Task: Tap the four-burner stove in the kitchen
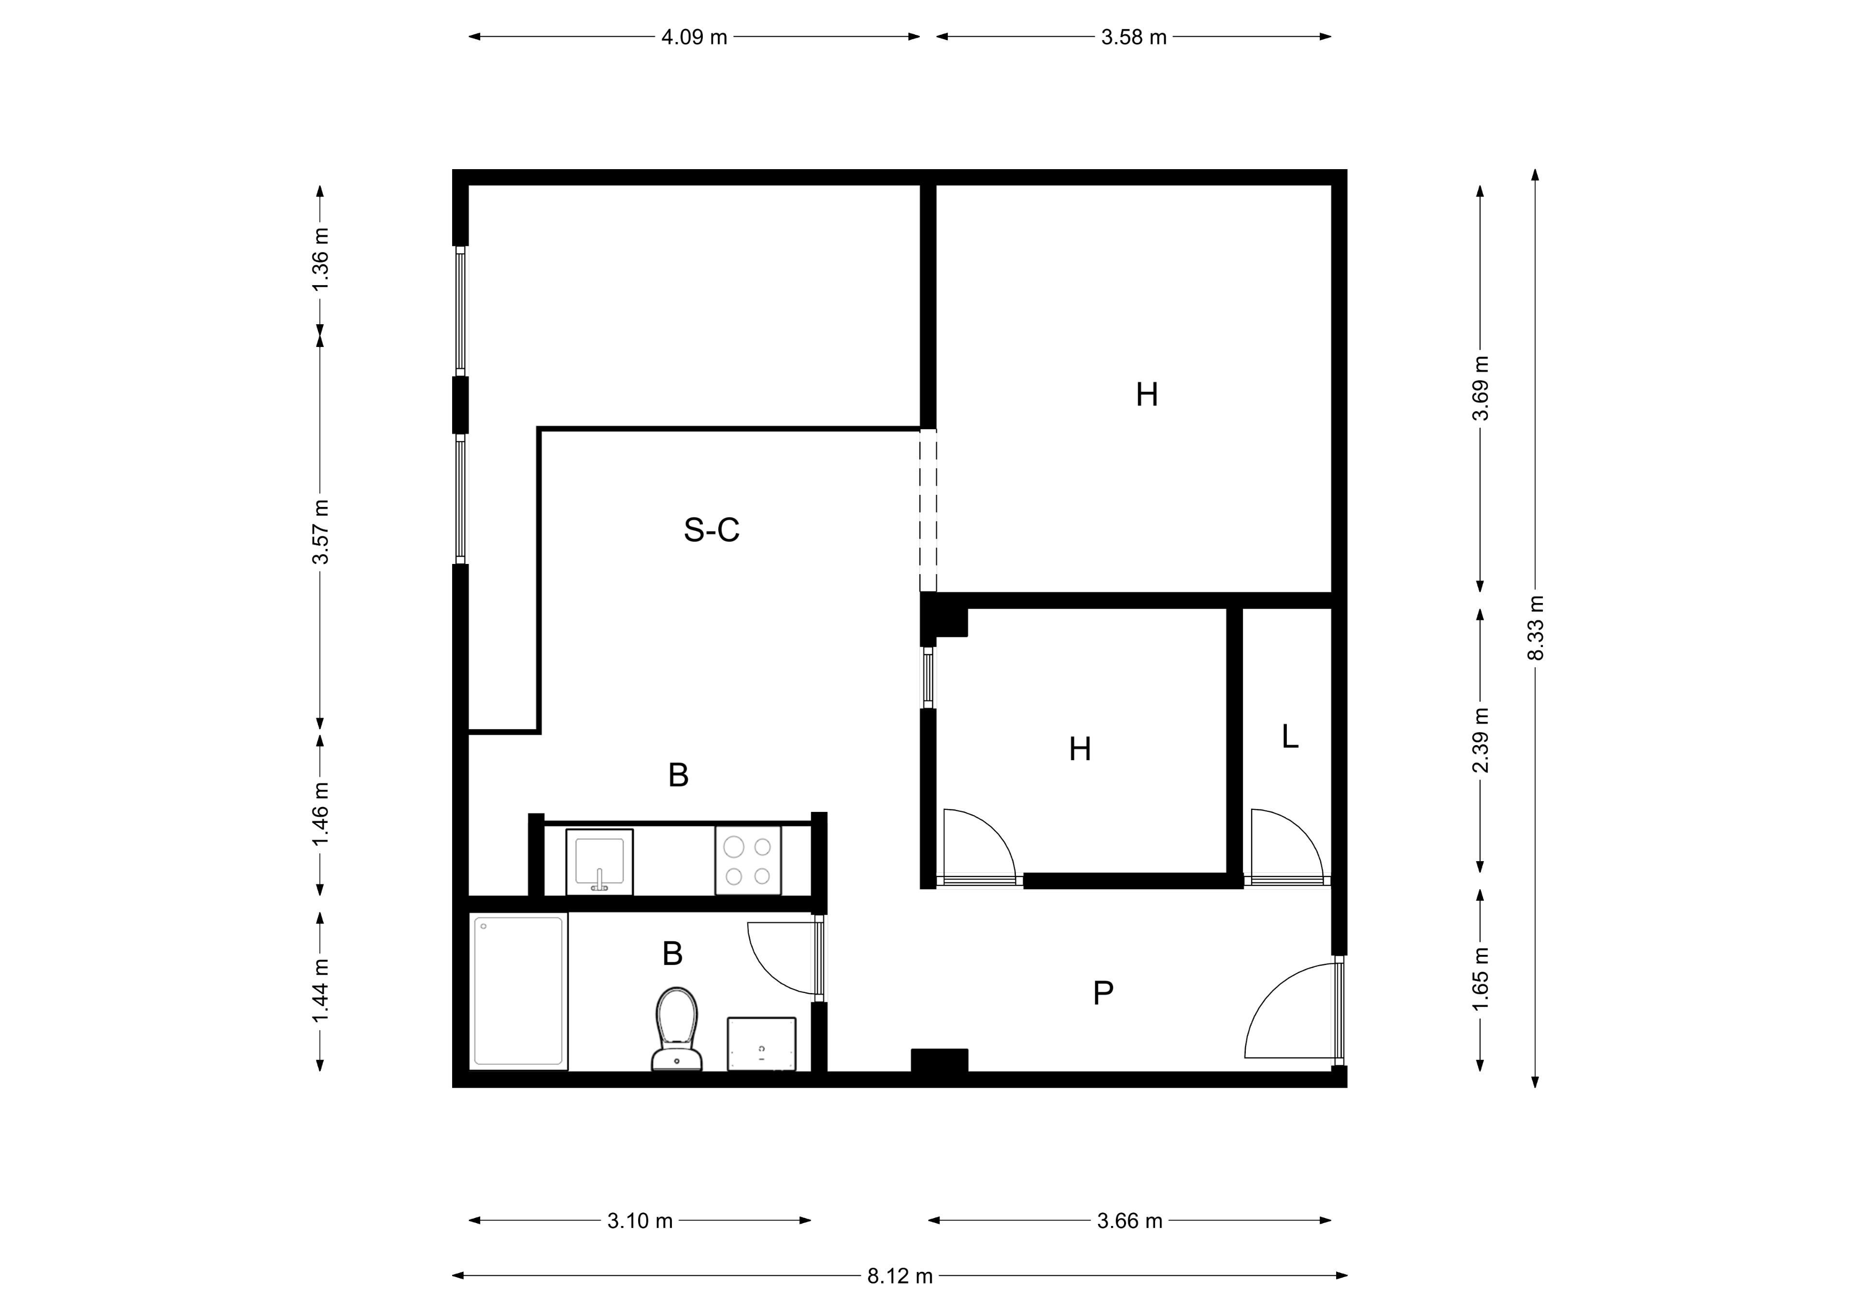pyautogui.click(x=747, y=860)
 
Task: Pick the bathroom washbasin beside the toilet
pyautogui.click(x=761, y=1044)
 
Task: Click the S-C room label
pyautogui.click(x=712, y=530)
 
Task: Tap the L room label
pyautogui.click(x=1290, y=736)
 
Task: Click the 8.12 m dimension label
pyautogui.click(x=900, y=1276)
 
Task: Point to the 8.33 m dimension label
pyautogui.click(x=1536, y=628)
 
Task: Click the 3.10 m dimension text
pyautogui.click(x=640, y=1221)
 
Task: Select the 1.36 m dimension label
pyautogui.click(x=321, y=259)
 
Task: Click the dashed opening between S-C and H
pyautogui.click(x=928, y=511)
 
